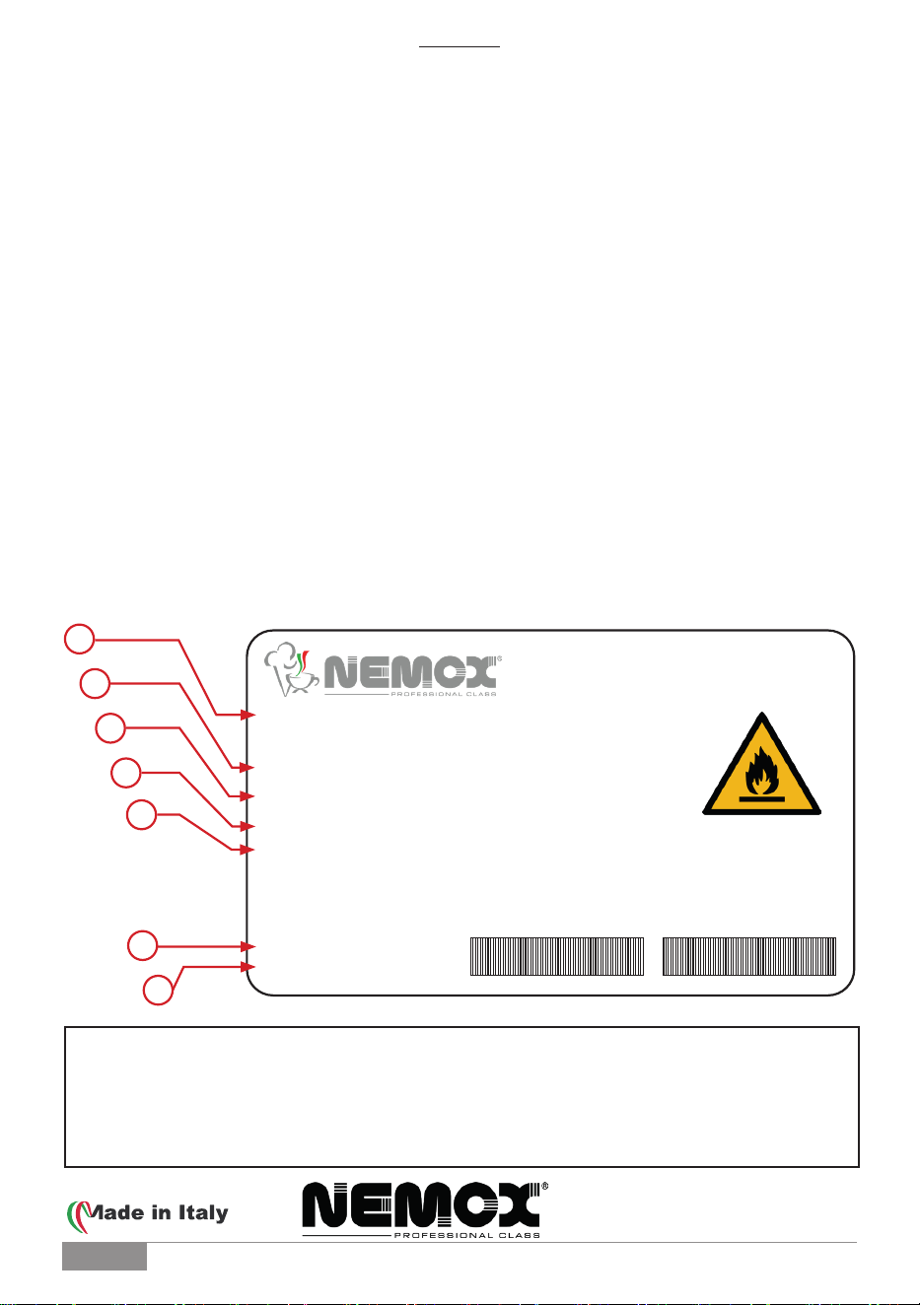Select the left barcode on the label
tap(557, 956)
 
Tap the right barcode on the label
tap(749, 956)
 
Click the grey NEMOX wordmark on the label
tap(410, 672)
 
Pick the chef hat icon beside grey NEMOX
tap(290, 669)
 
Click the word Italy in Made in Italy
tap(203, 1213)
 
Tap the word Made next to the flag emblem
tap(114, 1212)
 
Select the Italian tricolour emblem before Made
tap(77, 1216)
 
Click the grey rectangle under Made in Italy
tap(105, 1256)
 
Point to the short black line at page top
tap(460, 46)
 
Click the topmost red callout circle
tap(79, 639)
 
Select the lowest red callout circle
tap(158, 990)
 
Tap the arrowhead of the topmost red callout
tap(248, 715)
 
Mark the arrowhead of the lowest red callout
tap(248, 967)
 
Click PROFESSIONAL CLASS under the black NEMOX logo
tap(467, 1235)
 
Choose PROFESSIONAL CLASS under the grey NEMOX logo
tap(443, 694)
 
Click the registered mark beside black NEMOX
tap(544, 1186)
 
